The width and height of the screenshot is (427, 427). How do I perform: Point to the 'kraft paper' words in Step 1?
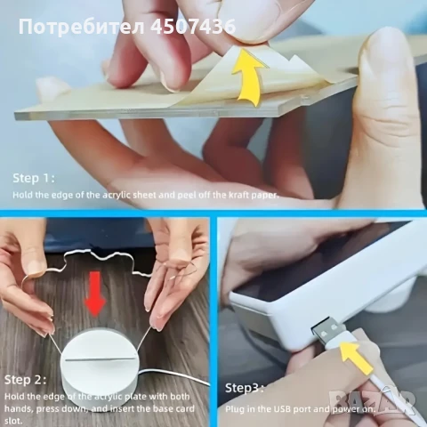click(253, 193)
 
